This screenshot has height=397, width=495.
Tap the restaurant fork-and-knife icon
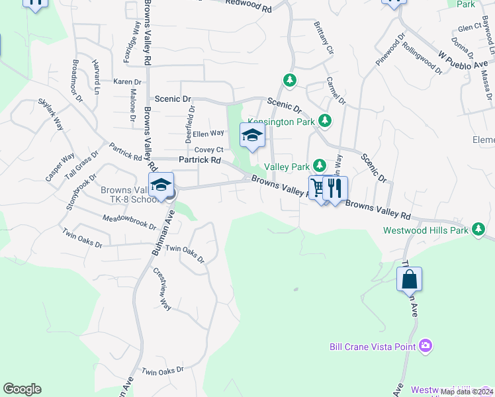click(x=336, y=188)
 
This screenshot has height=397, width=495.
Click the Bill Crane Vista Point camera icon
click(x=426, y=345)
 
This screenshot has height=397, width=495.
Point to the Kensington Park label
click(x=281, y=122)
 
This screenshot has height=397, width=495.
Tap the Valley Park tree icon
click(x=320, y=165)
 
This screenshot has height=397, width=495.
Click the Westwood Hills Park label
click(x=426, y=231)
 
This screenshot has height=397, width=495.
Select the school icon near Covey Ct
click(x=251, y=136)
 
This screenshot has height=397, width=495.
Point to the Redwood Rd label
click(x=248, y=6)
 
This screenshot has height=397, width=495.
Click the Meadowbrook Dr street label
click(x=129, y=222)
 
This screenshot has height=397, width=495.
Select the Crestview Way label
click(x=163, y=288)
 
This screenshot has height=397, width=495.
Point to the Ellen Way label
click(x=208, y=133)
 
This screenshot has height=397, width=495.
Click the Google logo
click(x=22, y=389)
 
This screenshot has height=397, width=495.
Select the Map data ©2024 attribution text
click(x=466, y=392)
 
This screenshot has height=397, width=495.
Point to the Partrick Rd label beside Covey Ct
click(x=199, y=160)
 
